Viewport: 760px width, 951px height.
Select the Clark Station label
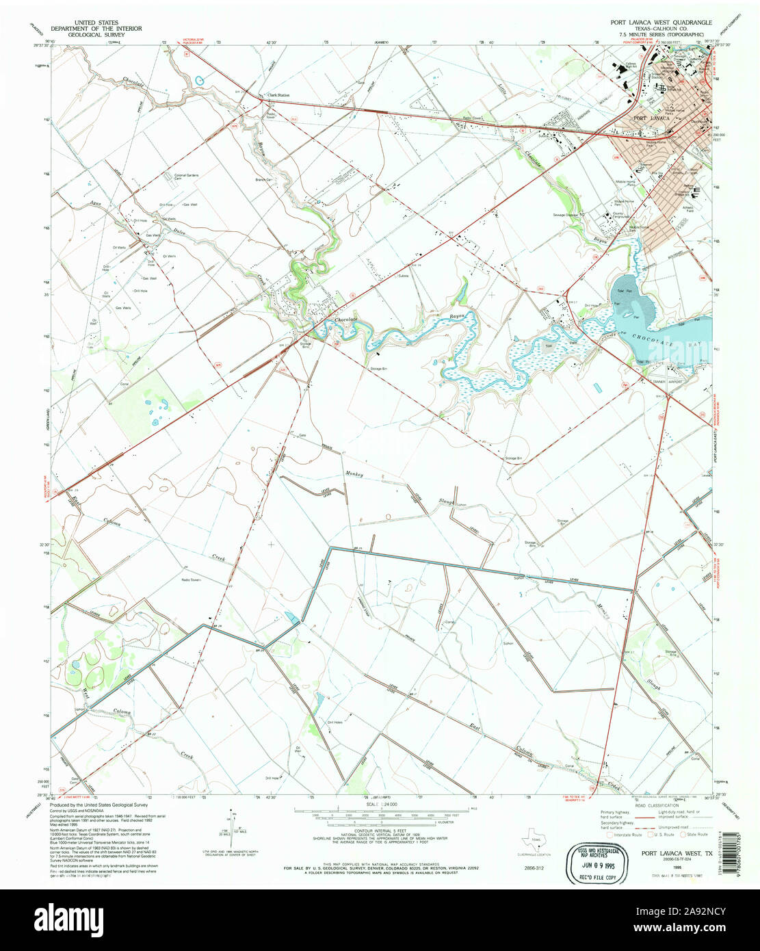(x=278, y=96)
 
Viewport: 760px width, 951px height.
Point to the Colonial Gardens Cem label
(x=186, y=177)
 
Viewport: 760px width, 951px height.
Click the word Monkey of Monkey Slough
(x=354, y=474)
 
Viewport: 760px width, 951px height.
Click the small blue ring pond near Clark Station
(x=200, y=81)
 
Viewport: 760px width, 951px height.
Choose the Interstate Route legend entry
(x=622, y=835)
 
